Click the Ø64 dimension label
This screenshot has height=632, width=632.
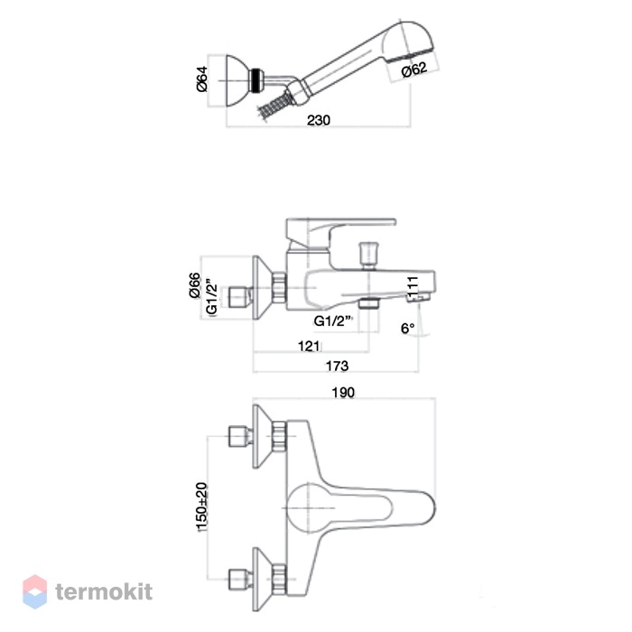(x=202, y=79)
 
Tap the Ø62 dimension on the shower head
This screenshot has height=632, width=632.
(x=414, y=70)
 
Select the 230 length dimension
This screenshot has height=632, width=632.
(x=319, y=120)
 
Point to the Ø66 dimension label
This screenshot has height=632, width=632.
(x=195, y=285)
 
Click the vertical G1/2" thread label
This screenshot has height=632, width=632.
(x=211, y=296)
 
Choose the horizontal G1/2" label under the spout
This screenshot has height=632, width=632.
(x=333, y=321)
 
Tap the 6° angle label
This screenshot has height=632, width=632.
(x=407, y=328)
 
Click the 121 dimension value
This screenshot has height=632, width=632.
(x=309, y=346)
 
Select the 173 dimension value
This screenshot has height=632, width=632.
(x=337, y=366)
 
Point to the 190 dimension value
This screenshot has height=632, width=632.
(x=343, y=392)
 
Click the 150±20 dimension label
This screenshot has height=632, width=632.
(x=201, y=507)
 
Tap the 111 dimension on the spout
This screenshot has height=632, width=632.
(x=413, y=286)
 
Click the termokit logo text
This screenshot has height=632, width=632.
(x=104, y=591)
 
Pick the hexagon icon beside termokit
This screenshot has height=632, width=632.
(x=34, y=591)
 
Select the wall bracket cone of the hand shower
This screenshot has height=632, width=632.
(x=237, y=80)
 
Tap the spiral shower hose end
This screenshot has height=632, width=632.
(x=274, y=105)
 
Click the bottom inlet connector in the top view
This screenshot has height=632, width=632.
(x=241, y=580)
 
